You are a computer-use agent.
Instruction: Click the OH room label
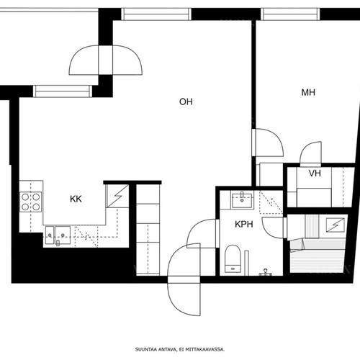186,102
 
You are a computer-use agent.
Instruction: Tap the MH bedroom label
308,92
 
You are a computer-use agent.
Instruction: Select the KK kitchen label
76,199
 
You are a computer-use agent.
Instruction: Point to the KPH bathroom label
244,224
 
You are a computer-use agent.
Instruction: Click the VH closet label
315,174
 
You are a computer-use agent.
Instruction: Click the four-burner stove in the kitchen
30,202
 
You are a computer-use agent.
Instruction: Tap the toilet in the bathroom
233,258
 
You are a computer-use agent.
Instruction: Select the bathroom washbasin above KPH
242,199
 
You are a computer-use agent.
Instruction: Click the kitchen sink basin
63,235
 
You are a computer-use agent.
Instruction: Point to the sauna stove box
336,225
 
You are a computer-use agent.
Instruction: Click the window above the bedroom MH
290,14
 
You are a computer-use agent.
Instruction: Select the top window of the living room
156,14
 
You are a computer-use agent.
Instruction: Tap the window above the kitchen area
63,91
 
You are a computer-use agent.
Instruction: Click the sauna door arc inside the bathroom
268,232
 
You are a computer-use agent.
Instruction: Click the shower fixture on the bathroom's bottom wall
265,272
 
